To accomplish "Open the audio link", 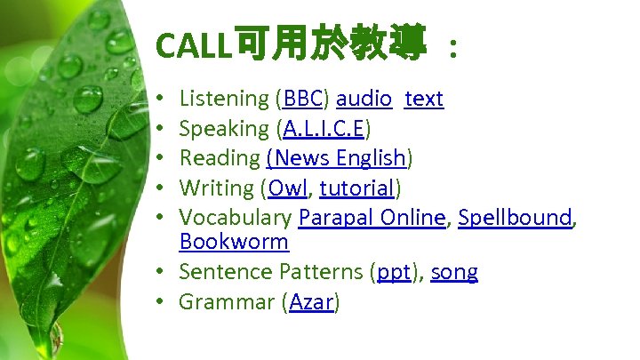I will (364, 99).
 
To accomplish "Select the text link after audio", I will (423, 99).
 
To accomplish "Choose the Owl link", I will (286, 188).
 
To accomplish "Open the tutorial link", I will (356, 188).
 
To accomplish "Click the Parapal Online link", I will (372, 218).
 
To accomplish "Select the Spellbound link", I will (515, 218).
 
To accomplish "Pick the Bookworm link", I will (234, 242).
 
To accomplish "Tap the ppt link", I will (393, 272).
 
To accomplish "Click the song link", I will (454, 272).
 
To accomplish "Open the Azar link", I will (311, 302).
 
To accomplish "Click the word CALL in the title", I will (192, 44).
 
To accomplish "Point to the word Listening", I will (224, 99).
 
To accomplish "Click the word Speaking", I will (224, 129).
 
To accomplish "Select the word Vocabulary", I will (236, 218).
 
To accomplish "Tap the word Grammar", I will (227, 302).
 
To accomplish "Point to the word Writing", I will (216, 188).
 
